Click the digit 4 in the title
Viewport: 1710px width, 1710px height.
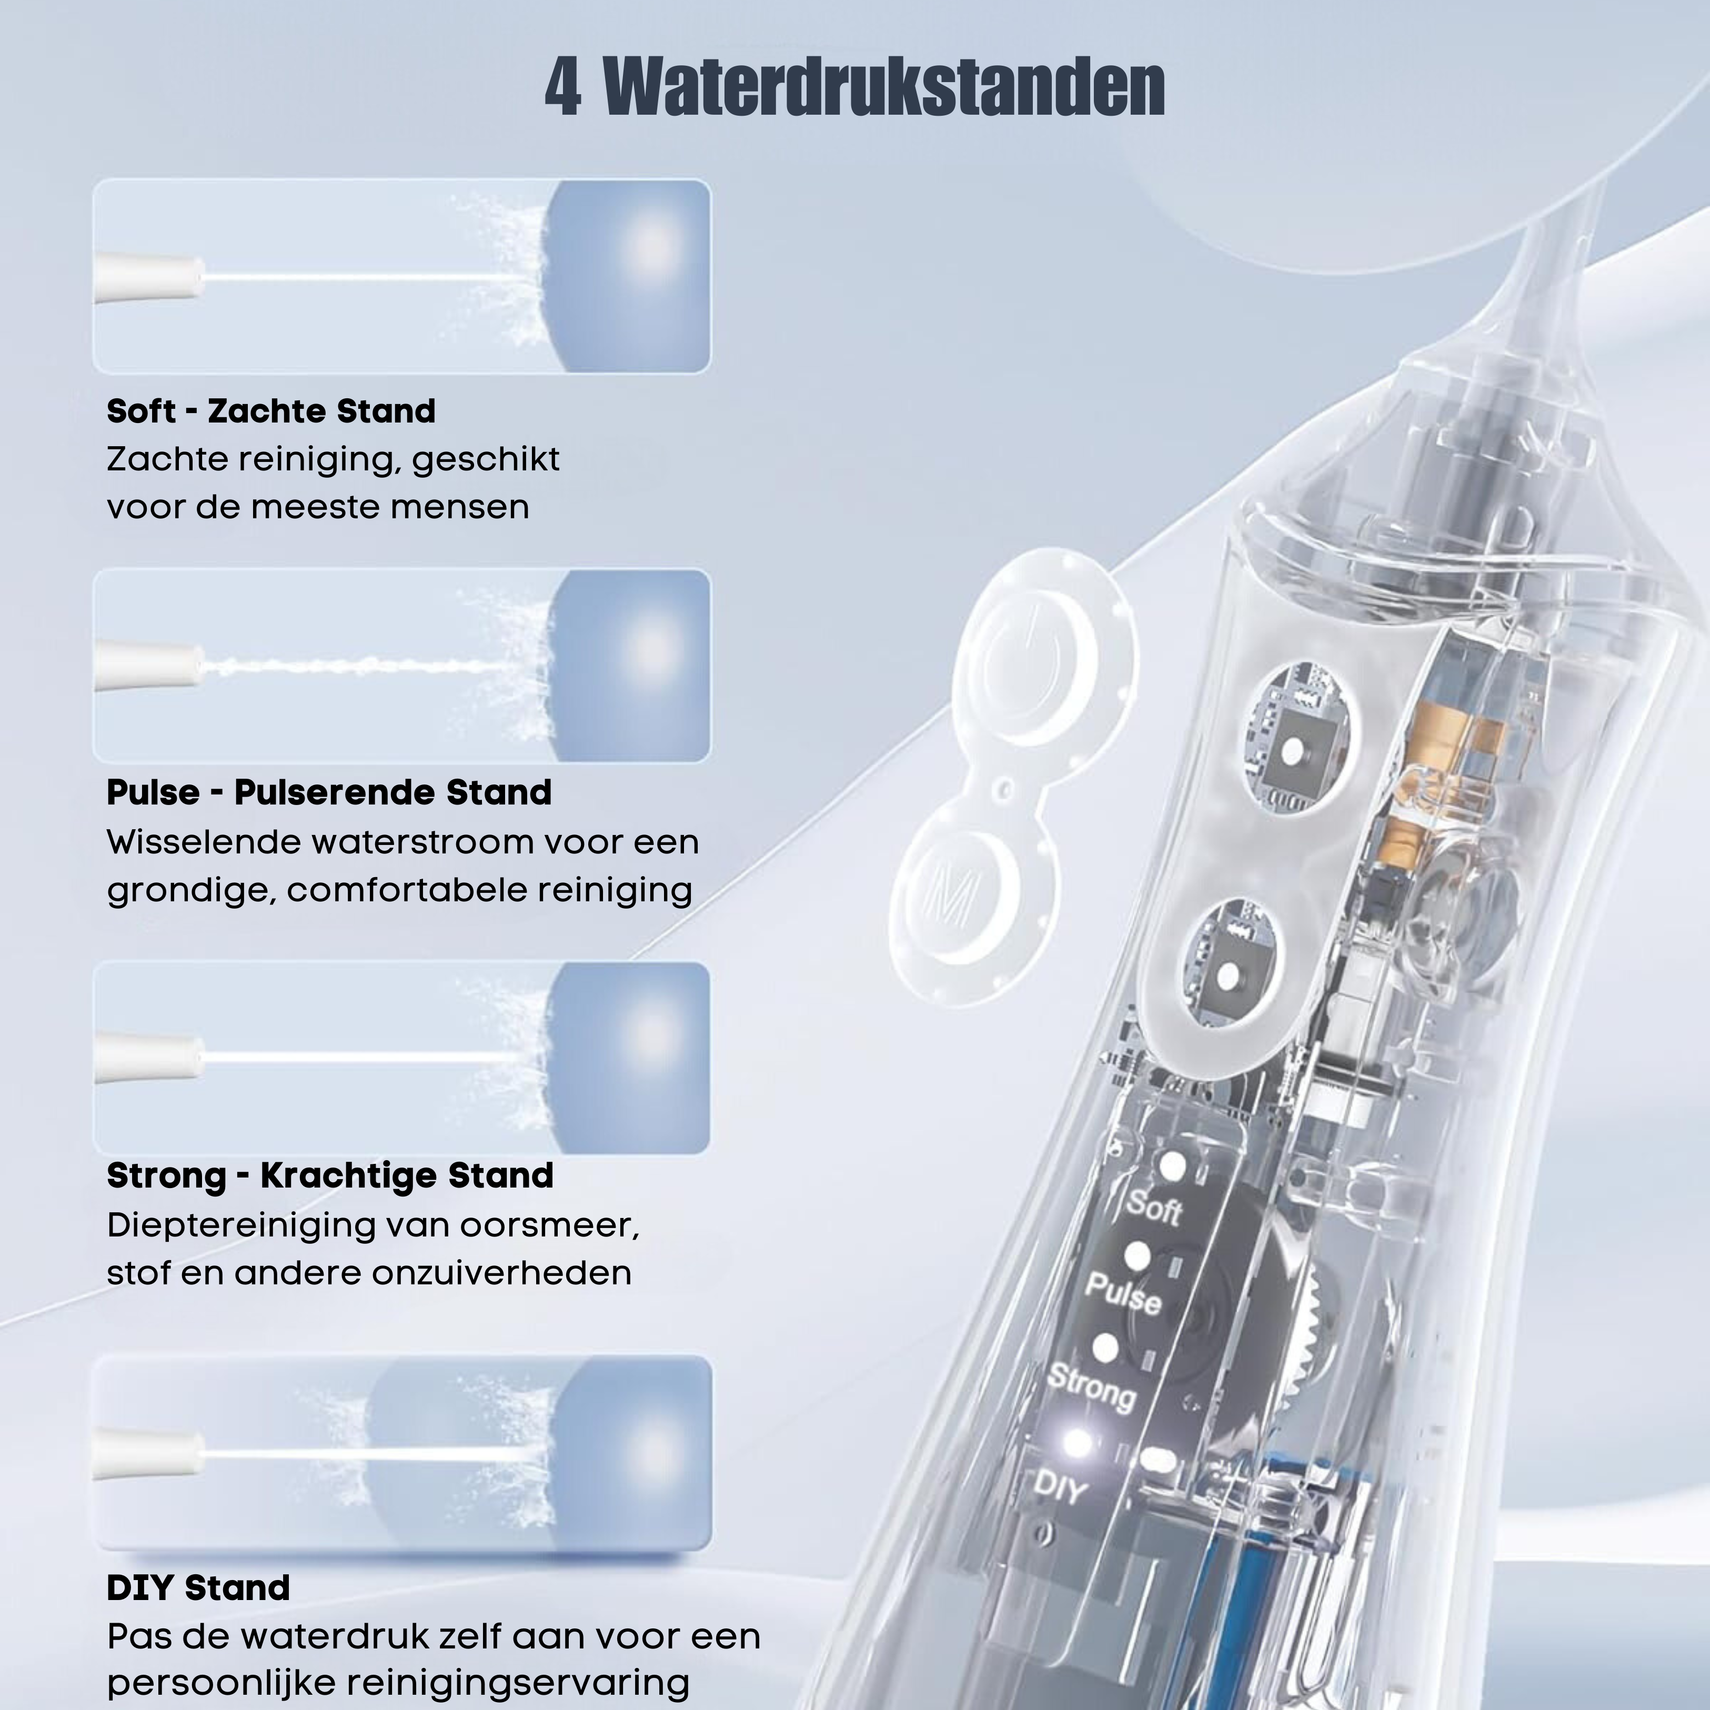(x=563, y=87)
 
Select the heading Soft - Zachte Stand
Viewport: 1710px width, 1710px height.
(x=271, y=411)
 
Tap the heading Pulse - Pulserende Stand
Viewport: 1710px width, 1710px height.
(x=329, y=792)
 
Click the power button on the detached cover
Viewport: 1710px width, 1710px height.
(x=1027, y=659)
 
